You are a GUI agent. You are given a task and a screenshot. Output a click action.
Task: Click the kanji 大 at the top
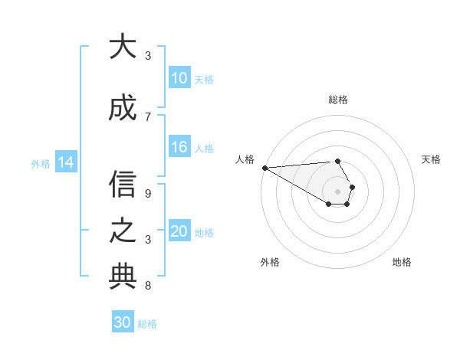[x=123, y=47]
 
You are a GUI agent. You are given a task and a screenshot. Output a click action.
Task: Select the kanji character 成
[x=123, y=109]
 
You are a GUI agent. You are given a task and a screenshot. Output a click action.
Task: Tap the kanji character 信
[x=123, y=184]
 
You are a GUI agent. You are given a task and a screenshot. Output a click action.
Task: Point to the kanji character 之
[x=123, y=231]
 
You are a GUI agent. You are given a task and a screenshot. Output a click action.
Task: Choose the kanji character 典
[x=123, y=277]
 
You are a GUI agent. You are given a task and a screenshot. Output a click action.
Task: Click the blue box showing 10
[x=179, y=78]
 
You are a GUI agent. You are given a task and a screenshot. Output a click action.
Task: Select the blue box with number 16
[x=179, y=148]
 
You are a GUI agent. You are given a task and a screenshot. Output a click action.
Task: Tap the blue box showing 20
[x=179, y=232]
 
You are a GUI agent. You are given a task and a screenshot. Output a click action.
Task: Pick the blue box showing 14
[x=66, y=162]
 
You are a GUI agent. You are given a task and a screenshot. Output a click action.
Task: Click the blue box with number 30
[x=123, y=323]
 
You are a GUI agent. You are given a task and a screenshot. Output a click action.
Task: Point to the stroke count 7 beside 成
[x=148, y=116]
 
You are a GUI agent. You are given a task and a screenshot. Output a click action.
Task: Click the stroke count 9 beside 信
[x=148, y=193]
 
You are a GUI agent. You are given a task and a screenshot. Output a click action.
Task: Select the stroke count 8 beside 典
[x=148, y=286]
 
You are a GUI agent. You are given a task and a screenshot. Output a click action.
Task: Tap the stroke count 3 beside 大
[x=148, y=56]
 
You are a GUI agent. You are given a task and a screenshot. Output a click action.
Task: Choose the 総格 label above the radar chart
[x=338, y=100]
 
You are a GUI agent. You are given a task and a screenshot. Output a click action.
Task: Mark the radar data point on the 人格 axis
[x=264, y=168]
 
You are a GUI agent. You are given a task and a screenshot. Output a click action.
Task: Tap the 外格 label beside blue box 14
[x=41, y=163]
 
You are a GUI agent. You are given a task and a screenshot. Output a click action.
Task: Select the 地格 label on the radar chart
[x=402, y=262]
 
